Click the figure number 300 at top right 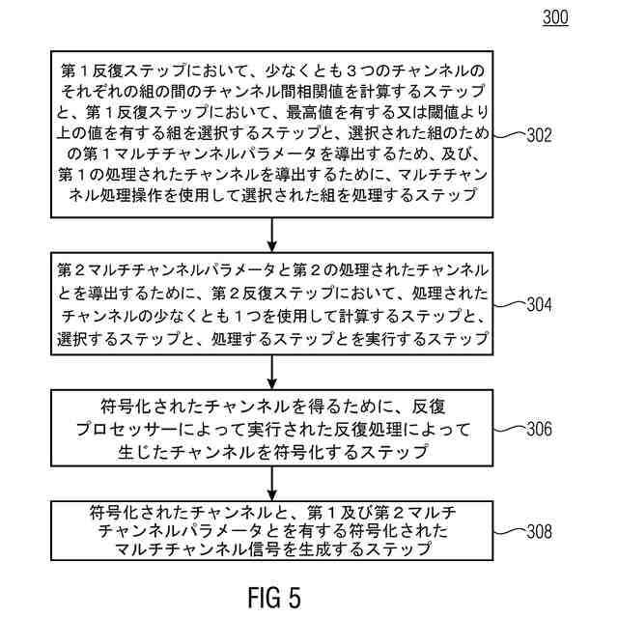pos(556,17)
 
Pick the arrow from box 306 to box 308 pos(273,483)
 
